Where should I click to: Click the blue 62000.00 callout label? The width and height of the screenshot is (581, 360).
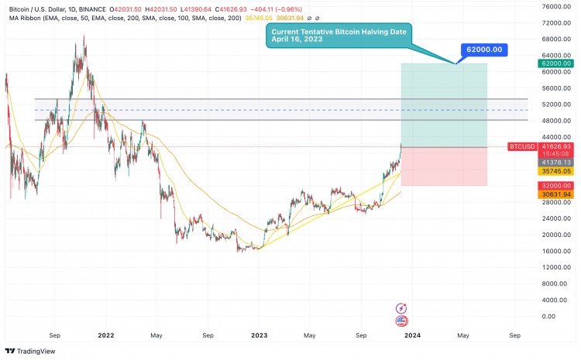point(483,49)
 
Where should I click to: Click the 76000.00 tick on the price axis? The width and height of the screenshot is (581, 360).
point(556,6)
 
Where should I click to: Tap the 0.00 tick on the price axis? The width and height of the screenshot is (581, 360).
point(548,317)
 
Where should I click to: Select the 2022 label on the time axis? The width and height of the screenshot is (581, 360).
point(106,335)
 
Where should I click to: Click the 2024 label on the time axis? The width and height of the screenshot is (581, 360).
point(413,335)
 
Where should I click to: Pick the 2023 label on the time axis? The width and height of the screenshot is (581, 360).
point(260,335)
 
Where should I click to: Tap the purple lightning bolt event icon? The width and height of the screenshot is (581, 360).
point(401,308)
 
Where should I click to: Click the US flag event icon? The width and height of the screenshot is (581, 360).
point(401,321)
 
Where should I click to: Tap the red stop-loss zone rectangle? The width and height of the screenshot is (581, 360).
point(443,166)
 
